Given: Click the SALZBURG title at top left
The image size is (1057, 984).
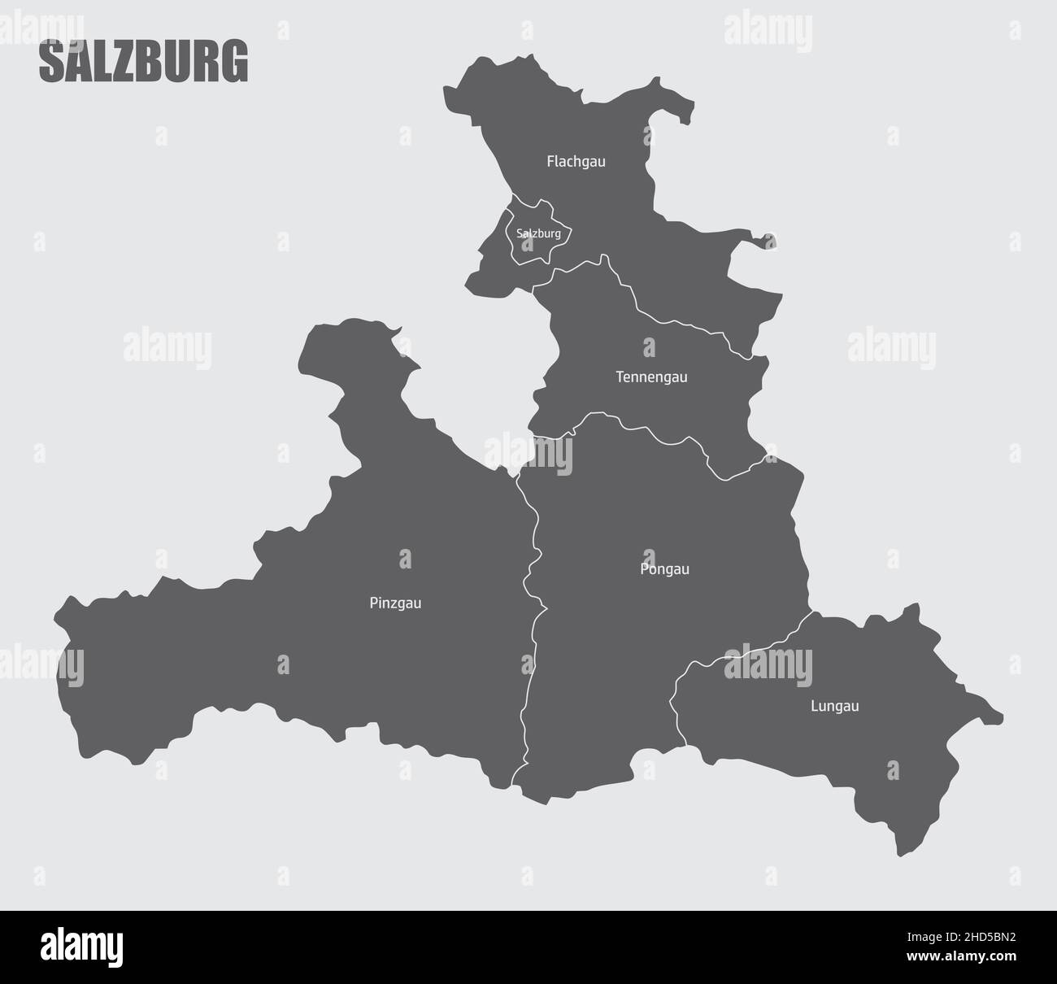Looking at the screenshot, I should (x=143, y=63).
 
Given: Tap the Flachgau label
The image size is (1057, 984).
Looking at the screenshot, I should (x=576, y=161).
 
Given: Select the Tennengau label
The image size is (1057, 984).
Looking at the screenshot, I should (x=651, y=377).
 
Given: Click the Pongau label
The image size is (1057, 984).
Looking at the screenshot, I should (x=664, y=568).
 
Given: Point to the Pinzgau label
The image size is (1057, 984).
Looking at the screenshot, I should (x=395, y=603).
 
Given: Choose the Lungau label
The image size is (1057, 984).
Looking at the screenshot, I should (x=834, y=706).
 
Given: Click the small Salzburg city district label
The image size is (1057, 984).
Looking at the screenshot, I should (x=538, y=233).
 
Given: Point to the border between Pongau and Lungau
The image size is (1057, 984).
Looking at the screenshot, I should (x=732, y=655).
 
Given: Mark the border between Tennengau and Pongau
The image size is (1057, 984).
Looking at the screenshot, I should (x=650, y=432).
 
